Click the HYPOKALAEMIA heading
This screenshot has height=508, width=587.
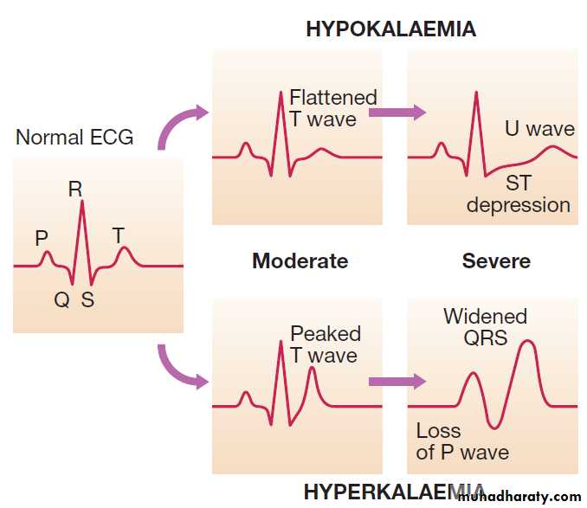[x=390, y=29]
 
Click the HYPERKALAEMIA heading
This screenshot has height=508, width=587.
[x=394, y=492]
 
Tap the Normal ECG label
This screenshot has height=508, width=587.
[x=74, y=137]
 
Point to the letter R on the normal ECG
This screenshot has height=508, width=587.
[x=75, y=189]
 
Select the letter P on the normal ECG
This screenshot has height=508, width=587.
[x=42, y=238]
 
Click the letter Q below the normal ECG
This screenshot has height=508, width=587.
[x=61, y=299]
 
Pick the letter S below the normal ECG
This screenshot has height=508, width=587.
[x=87, y=299]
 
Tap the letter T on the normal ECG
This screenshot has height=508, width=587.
[x=119, y=235]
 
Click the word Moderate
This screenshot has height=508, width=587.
[x=300, y=260]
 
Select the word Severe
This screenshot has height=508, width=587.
[x=496, y=260]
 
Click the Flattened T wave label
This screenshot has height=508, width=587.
[x=332, y=108]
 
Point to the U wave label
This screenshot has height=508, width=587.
[x=539, y=129]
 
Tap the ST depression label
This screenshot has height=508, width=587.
[x=519, y=194]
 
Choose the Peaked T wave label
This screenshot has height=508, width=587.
[x=326, y=344]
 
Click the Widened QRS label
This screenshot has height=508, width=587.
[x=485, y=326]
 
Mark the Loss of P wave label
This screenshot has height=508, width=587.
[x=462, y=441]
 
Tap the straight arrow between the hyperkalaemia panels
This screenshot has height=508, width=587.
[x=397, y=381]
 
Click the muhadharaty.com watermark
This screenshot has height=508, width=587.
[x=520, y=497]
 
